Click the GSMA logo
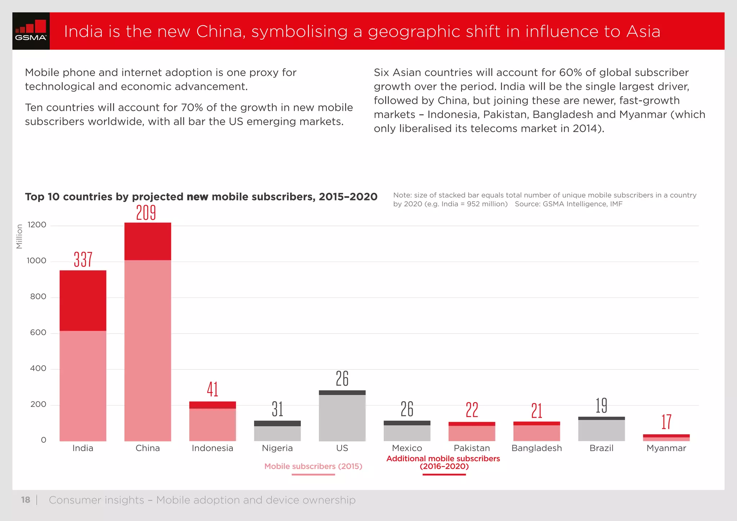click(x=31, y=31)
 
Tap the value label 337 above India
click(x=83, y=259)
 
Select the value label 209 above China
click(x=146, y=213)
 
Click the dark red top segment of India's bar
click(x=83, y=300)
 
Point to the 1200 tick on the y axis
click(x=37, y=225)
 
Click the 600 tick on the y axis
click(x=38, y=332)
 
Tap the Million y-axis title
click(x=19, y=236)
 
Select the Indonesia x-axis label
click(x=212, y=448)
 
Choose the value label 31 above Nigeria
click(x=277, y=409)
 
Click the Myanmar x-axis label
click(x=666, y=448)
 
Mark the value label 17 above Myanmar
click(x=666, y=422)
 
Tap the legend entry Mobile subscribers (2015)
click(x=313, y=466)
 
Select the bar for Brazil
click(x=601, y=430)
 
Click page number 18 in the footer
click(x=26, y=500)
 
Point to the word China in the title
click(x=221, y=31)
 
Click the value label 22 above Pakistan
click(x=472, y=410)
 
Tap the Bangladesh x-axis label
click(x=537, y=448)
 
